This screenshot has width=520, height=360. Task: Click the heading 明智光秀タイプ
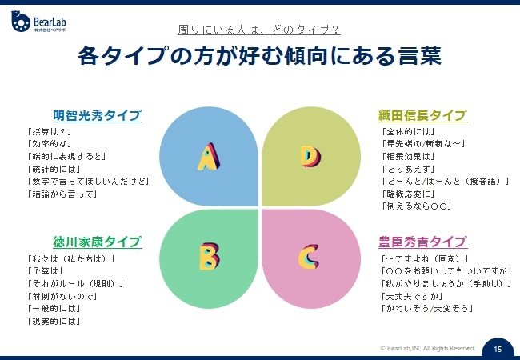(x=97, y=116)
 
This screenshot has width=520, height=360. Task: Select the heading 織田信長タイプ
(x=422, y=116)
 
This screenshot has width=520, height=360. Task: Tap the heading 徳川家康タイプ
(x=97, y=242)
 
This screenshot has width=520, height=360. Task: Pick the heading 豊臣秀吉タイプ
(x=422, y=242)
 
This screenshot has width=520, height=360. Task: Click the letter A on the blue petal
(x=209, y=157)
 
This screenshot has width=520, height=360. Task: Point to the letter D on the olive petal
(x=310, y=156)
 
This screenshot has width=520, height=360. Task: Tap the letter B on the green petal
(x=209, y=256)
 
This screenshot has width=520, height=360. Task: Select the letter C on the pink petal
(x=309, y=256)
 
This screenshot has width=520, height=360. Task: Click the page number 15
(x=498, y=350)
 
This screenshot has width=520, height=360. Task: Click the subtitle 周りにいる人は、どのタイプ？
(x=259, y=30)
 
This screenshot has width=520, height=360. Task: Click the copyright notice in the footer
(x=427, y=349)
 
